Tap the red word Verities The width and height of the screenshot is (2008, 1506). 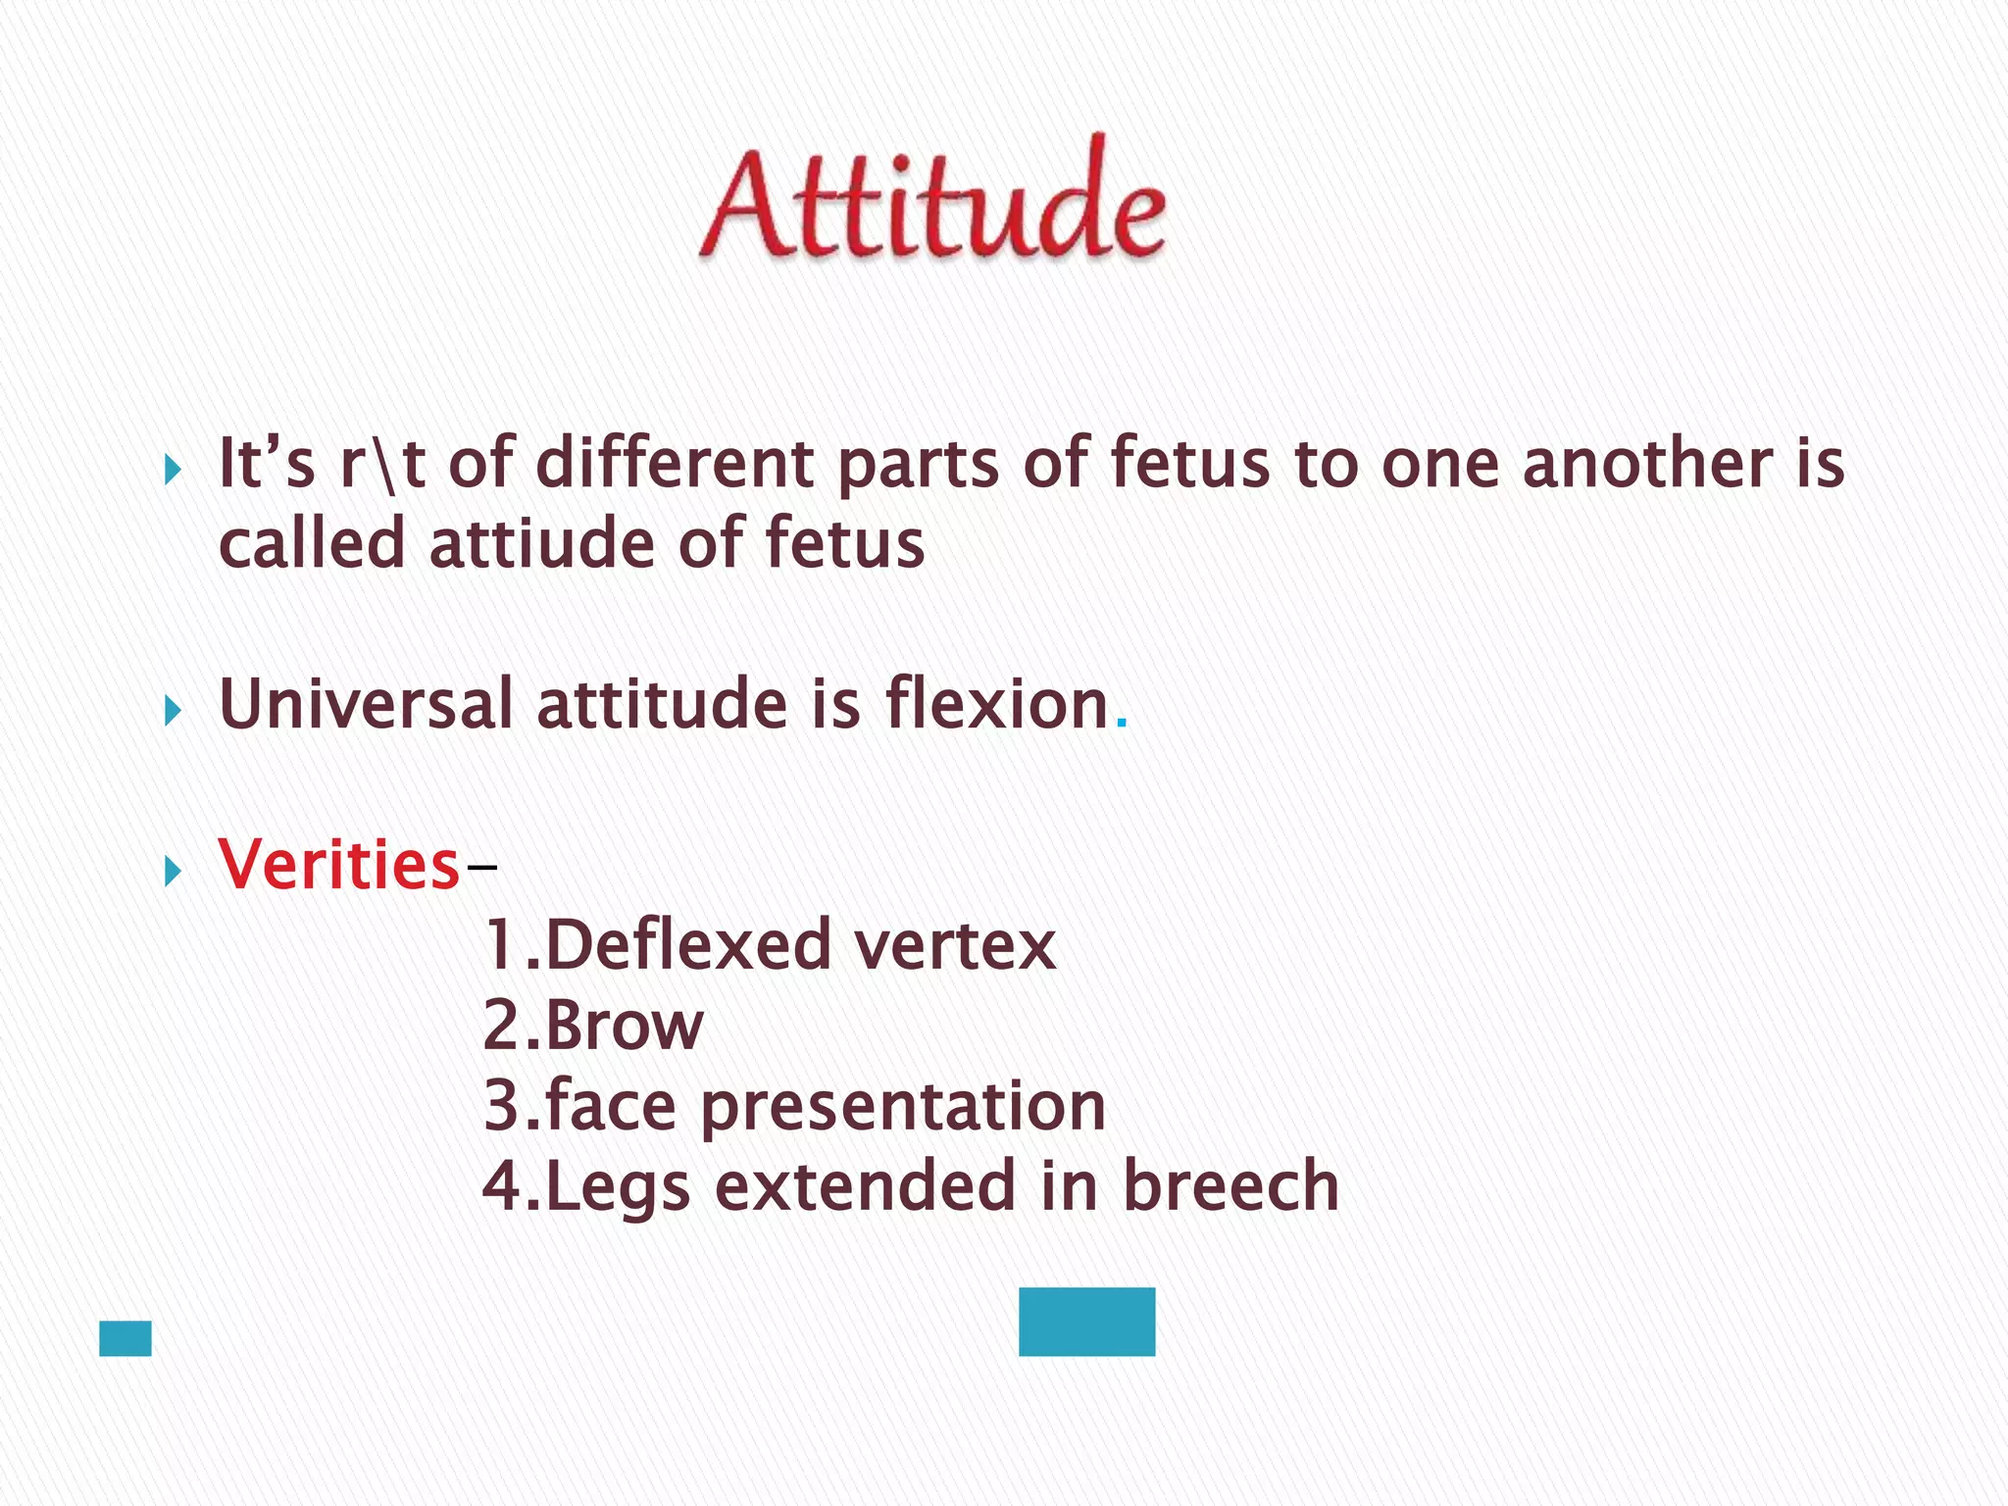(339, 865)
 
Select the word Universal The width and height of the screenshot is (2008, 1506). (366, 704)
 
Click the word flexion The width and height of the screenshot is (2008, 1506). (996, 704)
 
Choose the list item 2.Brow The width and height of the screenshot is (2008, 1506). (593, 1026)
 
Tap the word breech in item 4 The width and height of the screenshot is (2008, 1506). (1230, 1186)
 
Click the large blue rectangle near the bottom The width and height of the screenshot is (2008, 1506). (1086, 1322)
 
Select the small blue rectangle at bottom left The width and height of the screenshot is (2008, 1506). (125, 1338)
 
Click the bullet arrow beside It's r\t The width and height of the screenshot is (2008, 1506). (174, 470)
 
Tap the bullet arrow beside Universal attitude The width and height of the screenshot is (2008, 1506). (174, 710)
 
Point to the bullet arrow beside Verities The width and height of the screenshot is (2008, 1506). (174, 870)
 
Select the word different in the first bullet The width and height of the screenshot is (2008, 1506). (675, 463)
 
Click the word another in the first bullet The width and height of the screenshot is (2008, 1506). (1647, 463)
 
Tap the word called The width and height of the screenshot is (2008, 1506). (312, 544)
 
